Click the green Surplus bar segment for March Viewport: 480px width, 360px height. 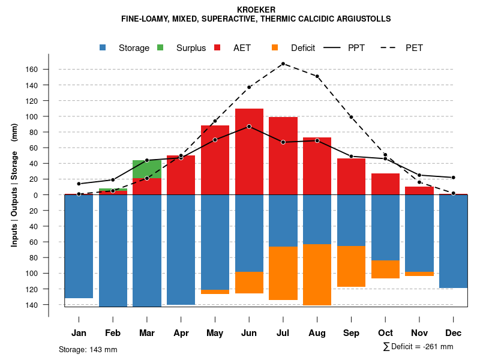[x=147, y=169]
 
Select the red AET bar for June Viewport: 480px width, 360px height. [x=249, y=152]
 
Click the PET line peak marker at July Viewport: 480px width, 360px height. [x=283, y=64]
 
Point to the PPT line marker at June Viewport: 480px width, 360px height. [x=249, y=127]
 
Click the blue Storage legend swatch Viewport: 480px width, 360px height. [x=104, y=48]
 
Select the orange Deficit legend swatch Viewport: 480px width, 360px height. [x=275, y=48]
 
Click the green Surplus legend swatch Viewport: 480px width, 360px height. [x=161, y=48]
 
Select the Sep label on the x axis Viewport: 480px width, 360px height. [x=351, y=333]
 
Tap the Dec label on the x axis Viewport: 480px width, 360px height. [x=453, y=333]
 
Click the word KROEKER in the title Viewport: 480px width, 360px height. [x=256, y=10]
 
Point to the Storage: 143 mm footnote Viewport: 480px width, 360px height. [x=88, y=349]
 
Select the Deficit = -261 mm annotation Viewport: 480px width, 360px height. [x=418, y=347]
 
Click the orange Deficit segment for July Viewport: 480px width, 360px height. [x=283, y=273]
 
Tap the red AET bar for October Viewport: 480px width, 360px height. [x=385, y=184]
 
